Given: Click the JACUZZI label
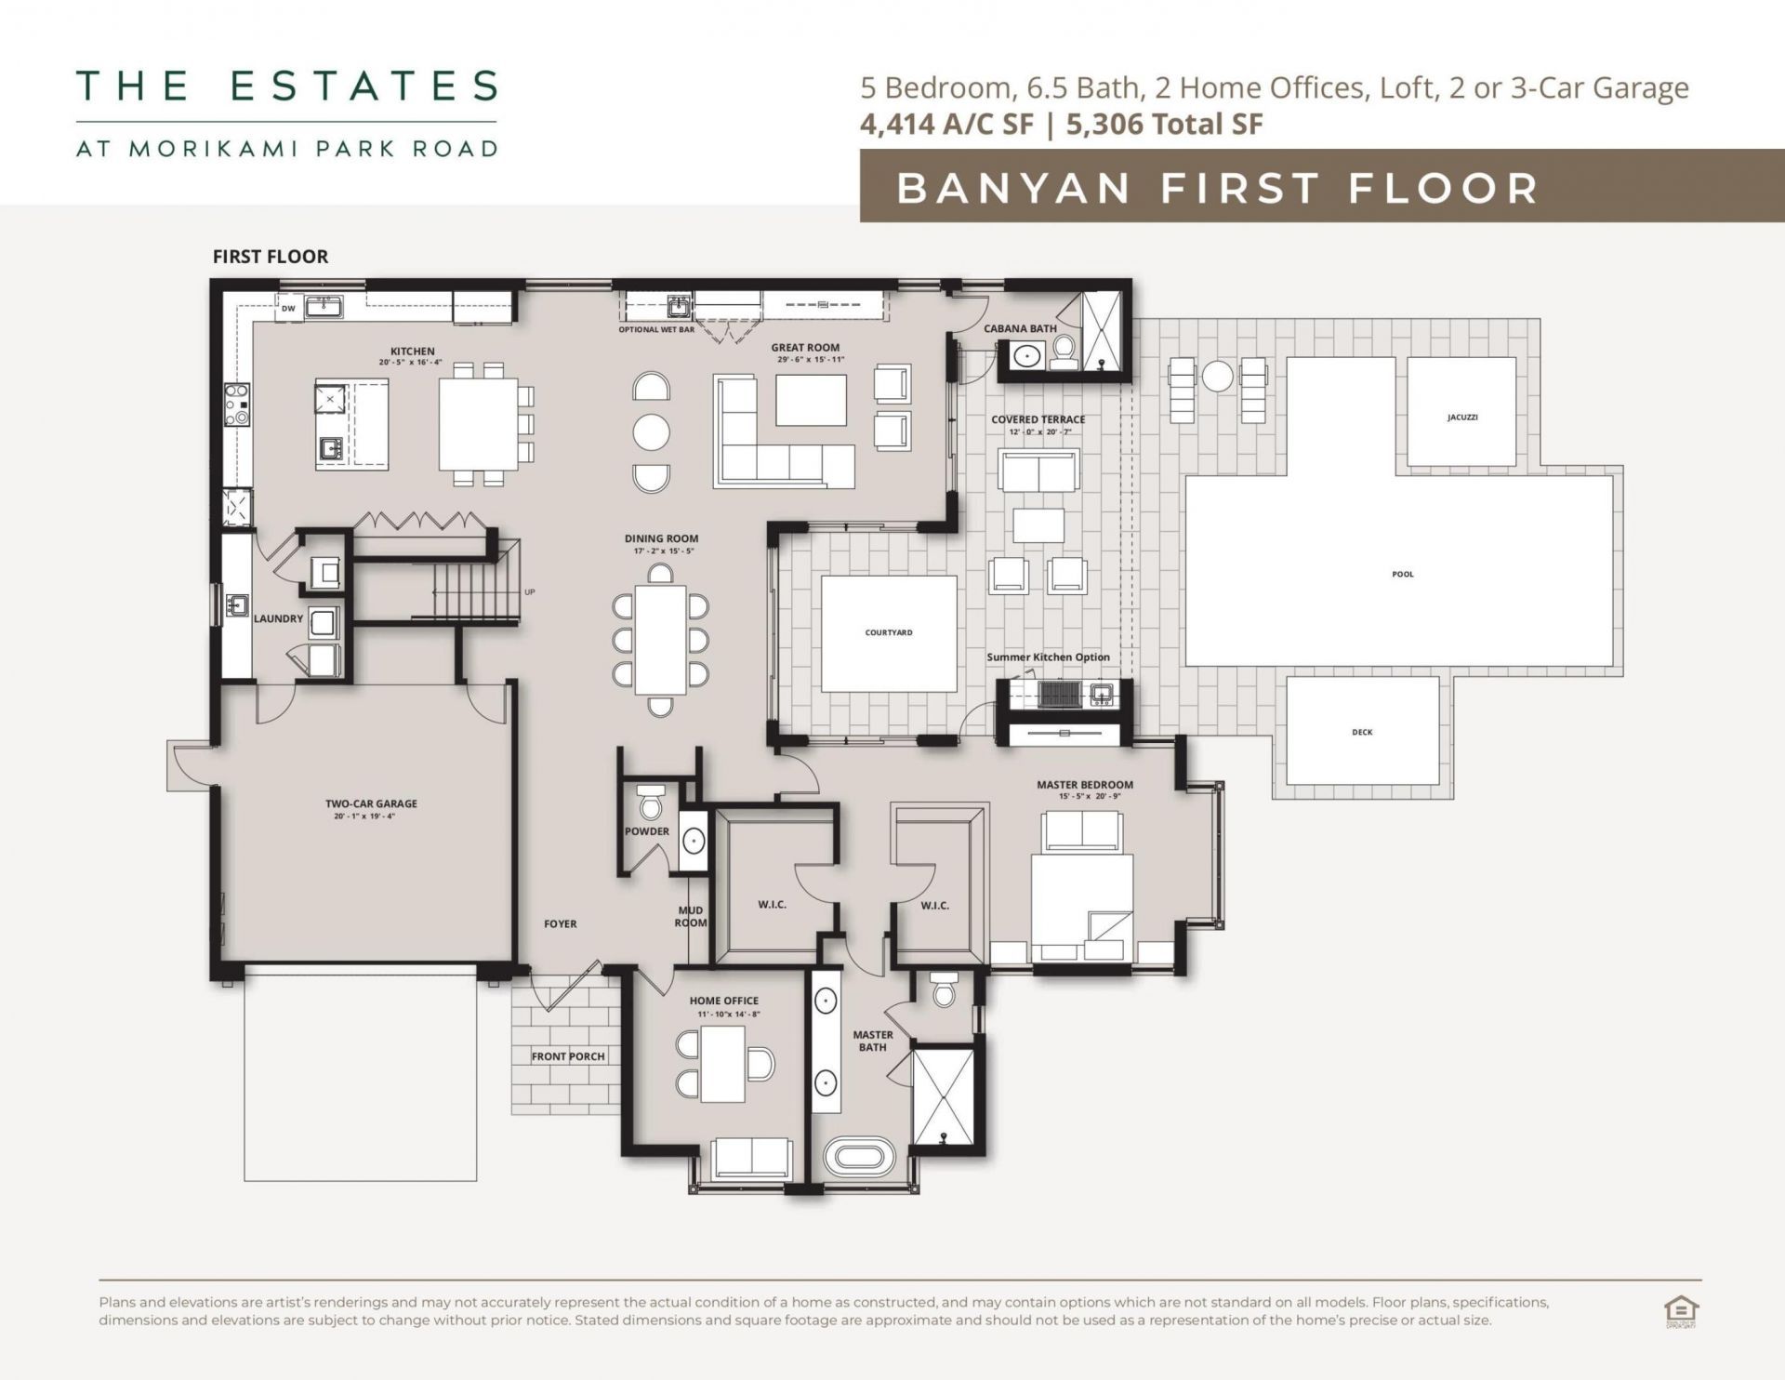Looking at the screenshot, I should click(x=1461, y=418).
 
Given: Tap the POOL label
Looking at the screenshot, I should click(x=1402, y=575).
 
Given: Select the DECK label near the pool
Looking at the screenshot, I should click(x=1362, y=733).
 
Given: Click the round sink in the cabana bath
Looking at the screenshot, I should click(x=1026, y=355).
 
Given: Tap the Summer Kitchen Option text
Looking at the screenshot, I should click(x=1048, y=657).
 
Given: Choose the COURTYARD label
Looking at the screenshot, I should click(x=889, y=633).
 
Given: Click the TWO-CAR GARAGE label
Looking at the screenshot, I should click(x=371, y=804).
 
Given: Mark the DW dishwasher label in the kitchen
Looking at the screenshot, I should click(x=288, y=309).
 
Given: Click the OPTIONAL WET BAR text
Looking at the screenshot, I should click(x=656, y=330).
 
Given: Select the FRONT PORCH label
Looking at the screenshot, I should click(x=568, y=1056).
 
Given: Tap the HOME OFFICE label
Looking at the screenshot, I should click(x=723, y=1002).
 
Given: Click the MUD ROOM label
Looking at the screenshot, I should click(x=691, y=917).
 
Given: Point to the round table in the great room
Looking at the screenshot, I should click(x=651, y=431).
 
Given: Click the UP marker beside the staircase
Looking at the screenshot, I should click(x=530, y=592).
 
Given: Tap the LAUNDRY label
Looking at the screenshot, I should click(x=278, y=618).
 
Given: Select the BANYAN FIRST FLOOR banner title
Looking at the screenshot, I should click(x=1218, y=188).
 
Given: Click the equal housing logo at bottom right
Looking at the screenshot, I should click(x=1681, y=1312).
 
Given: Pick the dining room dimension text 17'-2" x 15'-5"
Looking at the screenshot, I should click(x=661, y=551).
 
